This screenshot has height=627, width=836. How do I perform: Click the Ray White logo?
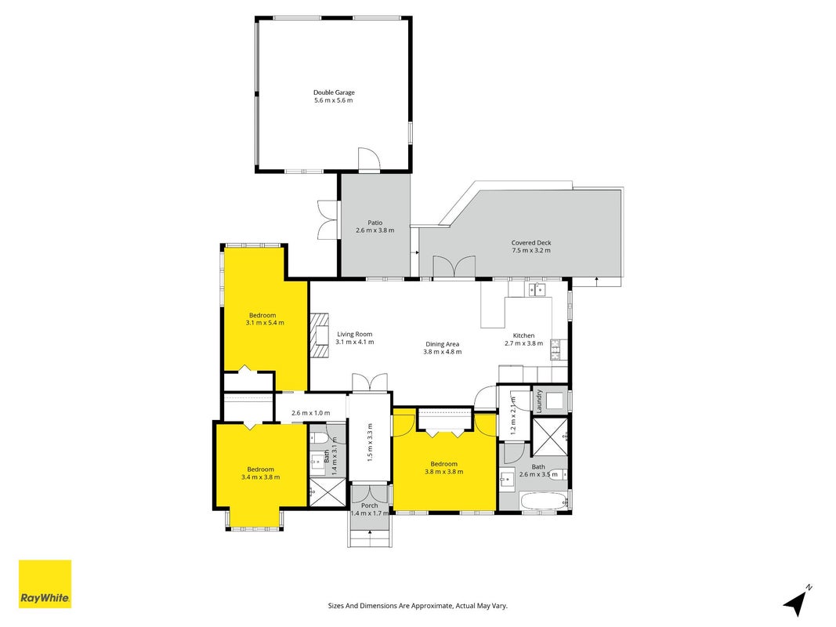pos(45,584)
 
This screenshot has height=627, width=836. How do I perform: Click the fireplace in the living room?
pos(320,336)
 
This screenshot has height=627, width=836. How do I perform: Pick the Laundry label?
pos(539,400)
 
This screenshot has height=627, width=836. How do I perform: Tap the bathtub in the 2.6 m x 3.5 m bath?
pos(544,501)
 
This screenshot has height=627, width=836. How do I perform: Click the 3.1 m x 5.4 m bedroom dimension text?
pos(265,323)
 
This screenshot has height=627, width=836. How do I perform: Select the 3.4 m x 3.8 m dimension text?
pos(261,477)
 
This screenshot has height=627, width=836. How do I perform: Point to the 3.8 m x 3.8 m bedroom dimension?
pos(443,471)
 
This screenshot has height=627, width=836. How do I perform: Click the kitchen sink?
pos(537,289)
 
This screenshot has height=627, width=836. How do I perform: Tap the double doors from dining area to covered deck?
pos(454,266)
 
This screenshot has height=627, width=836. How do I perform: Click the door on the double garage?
pos(368,159)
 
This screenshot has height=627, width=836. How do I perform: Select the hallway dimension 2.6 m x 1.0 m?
pos(311,413)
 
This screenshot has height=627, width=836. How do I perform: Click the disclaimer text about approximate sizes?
pos(418,606)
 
